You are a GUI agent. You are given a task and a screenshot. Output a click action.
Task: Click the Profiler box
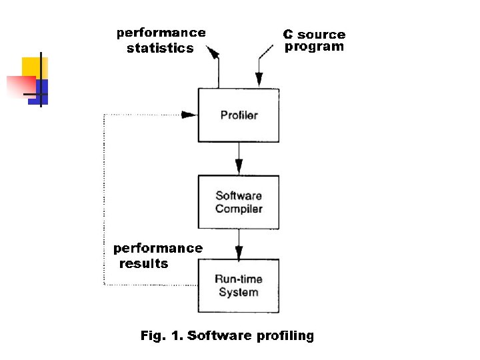[238, 115]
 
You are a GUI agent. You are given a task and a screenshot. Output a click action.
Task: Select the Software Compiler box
[238, 202]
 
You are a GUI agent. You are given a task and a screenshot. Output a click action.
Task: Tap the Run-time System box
[238, 285]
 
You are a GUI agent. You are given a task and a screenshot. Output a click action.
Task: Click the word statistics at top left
[160, 48]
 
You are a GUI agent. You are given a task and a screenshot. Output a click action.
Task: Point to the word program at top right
[315, 47]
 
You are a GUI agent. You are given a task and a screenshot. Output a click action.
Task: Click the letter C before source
[288, 34]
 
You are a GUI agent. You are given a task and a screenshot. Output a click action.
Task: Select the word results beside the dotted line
[144, 263]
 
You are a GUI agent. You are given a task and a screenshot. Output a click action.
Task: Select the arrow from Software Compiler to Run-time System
[239, 245]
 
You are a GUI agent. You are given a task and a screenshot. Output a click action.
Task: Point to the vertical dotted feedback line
[104, 200]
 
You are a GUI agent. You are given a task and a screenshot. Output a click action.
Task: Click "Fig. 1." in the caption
[161, 335]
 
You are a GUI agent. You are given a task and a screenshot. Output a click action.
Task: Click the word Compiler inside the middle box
[239, 209]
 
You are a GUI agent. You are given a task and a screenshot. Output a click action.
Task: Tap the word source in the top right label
[321, 34]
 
